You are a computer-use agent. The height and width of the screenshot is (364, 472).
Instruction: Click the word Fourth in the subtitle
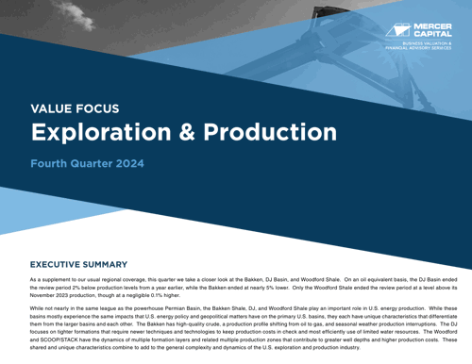[x=51, y=164]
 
